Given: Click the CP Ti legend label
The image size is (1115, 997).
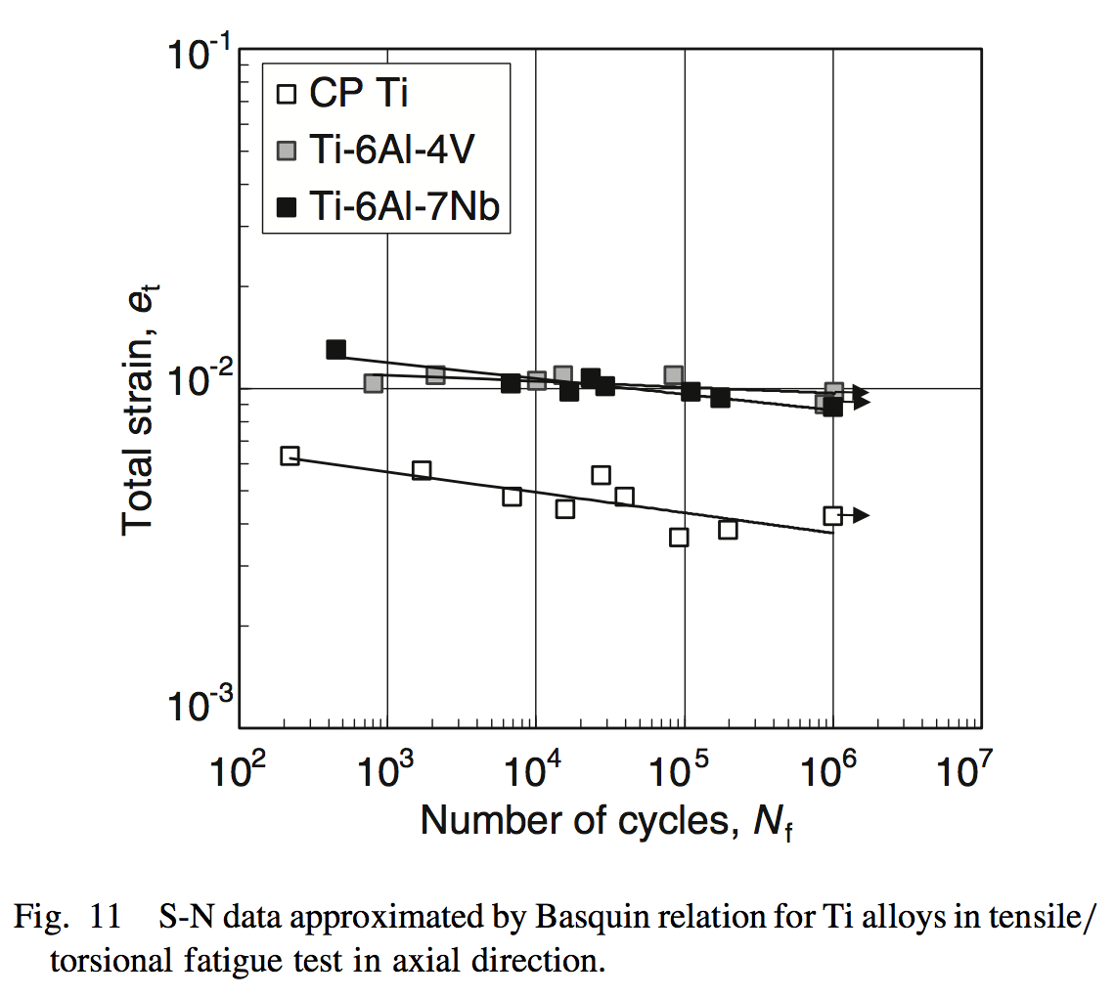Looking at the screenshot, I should click(359, 95).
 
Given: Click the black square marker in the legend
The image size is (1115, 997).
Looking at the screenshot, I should click(287, 206).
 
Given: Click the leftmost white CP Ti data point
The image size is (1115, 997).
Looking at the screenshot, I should click(290, 455).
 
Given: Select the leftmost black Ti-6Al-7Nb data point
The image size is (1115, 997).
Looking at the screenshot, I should click(336, 349).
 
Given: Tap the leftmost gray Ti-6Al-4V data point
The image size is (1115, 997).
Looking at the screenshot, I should click(373, 383).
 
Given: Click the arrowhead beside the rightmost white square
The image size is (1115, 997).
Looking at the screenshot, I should click(861, 515).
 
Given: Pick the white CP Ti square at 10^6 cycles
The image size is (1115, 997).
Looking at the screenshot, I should click(832, 515).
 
